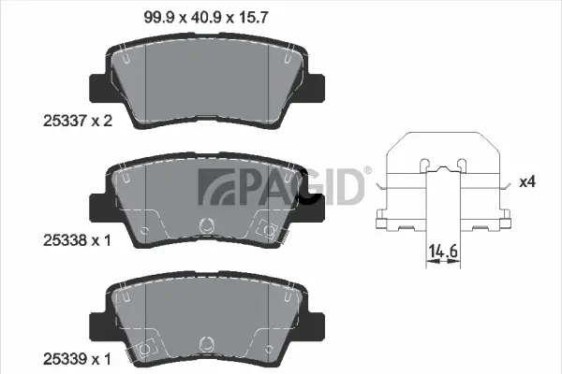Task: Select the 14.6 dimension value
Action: click(441, 251)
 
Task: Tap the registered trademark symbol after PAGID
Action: click(367, 171)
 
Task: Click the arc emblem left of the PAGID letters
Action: click(211, 186)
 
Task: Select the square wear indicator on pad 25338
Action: click(270, 225)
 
